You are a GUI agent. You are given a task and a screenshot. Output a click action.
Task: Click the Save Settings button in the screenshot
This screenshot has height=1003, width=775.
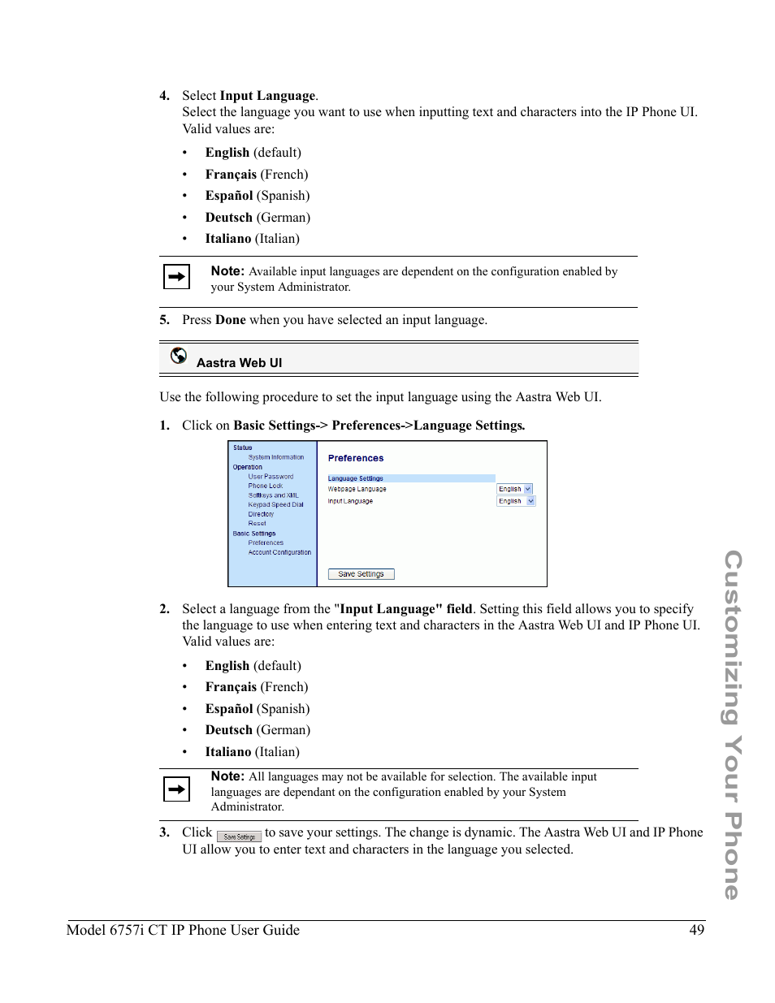(x=361, y=574)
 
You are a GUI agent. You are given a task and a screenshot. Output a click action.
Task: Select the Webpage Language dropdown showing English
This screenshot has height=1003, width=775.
(x=515, y=489)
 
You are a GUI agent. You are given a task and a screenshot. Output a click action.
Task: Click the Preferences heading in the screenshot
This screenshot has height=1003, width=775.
(x=356, y=458)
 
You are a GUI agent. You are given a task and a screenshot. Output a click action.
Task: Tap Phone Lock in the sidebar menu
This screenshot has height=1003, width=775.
(x=265, y=486)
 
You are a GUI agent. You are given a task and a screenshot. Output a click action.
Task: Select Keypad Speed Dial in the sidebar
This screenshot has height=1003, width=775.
(x=275, y=504)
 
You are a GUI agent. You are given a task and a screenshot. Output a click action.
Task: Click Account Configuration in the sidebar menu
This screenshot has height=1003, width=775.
(x=279, y=552)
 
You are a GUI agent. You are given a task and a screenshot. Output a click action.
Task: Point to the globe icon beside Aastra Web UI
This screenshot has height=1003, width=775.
(x=179, y=356)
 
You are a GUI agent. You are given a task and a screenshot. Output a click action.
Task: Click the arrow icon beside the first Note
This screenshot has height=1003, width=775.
(x=176, y=277)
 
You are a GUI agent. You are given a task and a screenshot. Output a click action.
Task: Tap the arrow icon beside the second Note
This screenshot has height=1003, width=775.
(x=176, y=789)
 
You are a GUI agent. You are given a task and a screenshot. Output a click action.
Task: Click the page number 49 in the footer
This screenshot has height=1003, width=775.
(x=696, y=930)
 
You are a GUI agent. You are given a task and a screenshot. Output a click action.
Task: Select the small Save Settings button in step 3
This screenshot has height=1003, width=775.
(x=239, y=837)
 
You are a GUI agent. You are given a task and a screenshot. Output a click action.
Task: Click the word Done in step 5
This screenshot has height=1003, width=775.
(x=231, y=320)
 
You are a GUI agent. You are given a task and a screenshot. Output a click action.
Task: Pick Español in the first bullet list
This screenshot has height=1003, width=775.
(x=229, y=196)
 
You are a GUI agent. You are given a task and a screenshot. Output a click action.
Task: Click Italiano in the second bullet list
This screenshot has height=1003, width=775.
(x=227, y=752)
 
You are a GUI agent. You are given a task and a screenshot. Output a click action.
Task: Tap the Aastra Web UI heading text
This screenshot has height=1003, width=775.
(x=239, y=363)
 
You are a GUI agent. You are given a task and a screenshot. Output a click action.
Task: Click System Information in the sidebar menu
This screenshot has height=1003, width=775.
(x=276, y=457)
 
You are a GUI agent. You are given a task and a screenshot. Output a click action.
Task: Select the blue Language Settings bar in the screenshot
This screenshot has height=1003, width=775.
(x=411, y=478)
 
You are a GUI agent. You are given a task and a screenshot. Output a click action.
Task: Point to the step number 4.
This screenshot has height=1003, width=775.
(x=164, y=96)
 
